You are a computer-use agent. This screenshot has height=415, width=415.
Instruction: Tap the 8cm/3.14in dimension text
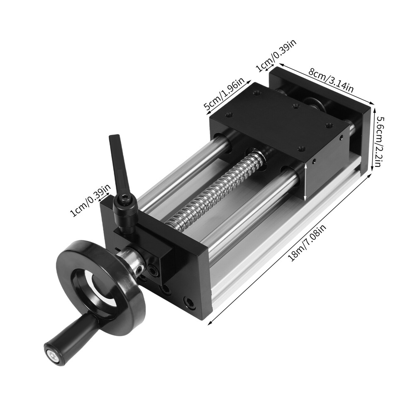pyautogui.click(x=330, y=81)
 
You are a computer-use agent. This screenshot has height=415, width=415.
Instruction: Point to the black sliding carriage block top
pyautogui.click(x=278, y=124)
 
